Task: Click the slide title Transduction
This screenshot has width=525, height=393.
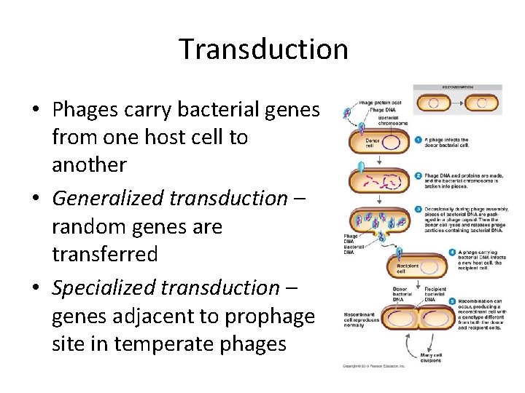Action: pyautogui.click(x=263, y=49)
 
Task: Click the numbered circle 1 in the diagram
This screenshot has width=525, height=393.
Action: pyautogui.click(x=419, y=140)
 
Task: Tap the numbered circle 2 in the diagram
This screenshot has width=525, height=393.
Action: pyautogui.click(x=419, y=175)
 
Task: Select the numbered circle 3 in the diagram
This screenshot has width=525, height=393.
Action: pyautogui.click(x=419, y=209)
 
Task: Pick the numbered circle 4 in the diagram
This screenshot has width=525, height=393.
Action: pyautogui.click(x=419, y=252)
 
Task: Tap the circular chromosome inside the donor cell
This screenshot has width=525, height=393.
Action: pyautogui.click(x=392, y=142)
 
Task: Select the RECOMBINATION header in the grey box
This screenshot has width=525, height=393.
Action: pyautogui.click(x=457, y=87)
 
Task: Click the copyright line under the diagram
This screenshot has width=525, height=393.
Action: pyautogui.click(x=374, y=365)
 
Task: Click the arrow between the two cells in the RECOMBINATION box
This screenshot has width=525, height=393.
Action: pyautogui.click(x=457, y=103)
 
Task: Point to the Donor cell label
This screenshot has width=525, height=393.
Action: pyautogui.click(x=373, y=142)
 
